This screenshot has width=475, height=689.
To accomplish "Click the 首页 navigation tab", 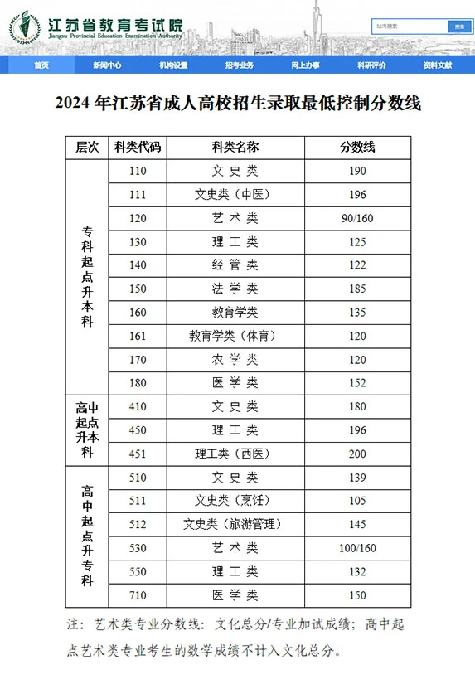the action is point(41,65).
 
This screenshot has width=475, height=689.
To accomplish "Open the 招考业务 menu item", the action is point(239,65).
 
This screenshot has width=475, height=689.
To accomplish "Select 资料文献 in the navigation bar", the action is point(437,65).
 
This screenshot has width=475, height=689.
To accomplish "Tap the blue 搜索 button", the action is point(458,26).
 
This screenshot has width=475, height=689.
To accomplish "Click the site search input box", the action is point(409,26).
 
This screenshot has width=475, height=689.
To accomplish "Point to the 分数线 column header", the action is point(357,147).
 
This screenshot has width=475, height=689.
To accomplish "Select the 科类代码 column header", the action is point(138,147).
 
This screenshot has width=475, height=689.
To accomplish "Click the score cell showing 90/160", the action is point(357,218).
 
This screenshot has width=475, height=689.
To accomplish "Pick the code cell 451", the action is point(138,454).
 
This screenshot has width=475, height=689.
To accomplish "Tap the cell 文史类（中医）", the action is point(235,195).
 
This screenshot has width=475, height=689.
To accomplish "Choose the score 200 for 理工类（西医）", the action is point(357,454).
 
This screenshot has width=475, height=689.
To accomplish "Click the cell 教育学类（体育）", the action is point(235,336).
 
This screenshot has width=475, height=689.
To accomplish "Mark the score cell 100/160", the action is point(357,548).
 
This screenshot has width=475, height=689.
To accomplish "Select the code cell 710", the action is point(138,595).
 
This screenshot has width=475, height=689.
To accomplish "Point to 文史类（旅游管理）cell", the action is point(235,524).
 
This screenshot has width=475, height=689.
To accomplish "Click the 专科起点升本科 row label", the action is point(87,276).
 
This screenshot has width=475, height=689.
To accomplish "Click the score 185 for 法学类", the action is point(357,289).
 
